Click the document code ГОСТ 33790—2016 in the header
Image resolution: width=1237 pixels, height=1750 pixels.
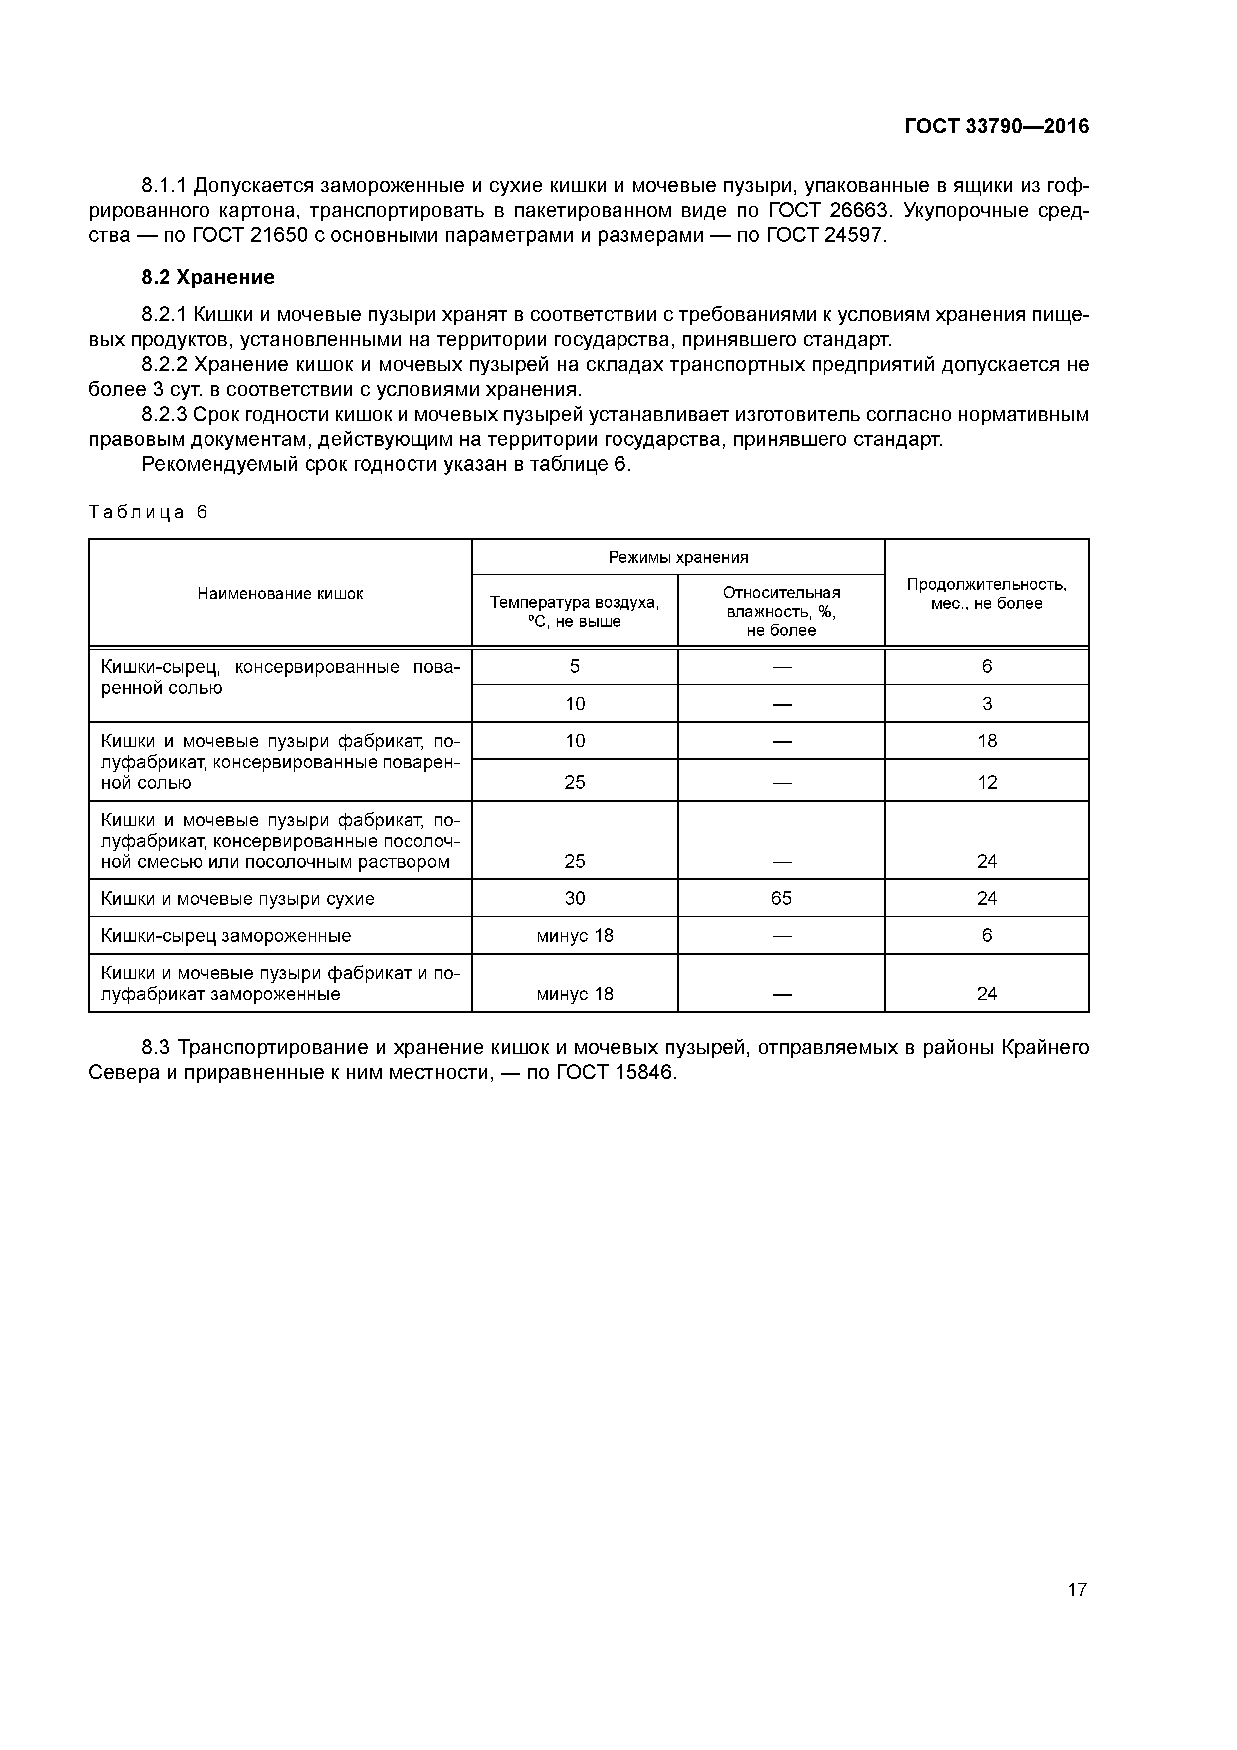coord(996,127)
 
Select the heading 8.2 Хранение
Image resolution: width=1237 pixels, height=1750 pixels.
coord(207,277)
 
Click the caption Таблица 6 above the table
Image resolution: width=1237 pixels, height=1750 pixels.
coord(148,512)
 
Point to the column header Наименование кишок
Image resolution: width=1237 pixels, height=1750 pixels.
coord(280,594)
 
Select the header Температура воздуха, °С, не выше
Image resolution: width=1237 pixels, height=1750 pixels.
coord(574,611)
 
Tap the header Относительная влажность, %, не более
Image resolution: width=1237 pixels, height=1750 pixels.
coord(781,611)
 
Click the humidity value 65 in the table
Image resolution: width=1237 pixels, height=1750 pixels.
coord(781,898)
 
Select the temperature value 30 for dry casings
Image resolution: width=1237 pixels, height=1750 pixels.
coord(574,898)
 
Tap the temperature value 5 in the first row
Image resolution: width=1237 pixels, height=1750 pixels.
coord(574,667)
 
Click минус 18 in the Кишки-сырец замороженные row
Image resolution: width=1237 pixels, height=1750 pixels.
coord(574,935)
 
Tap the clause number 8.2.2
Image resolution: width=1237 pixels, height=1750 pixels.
coord(164,365)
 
